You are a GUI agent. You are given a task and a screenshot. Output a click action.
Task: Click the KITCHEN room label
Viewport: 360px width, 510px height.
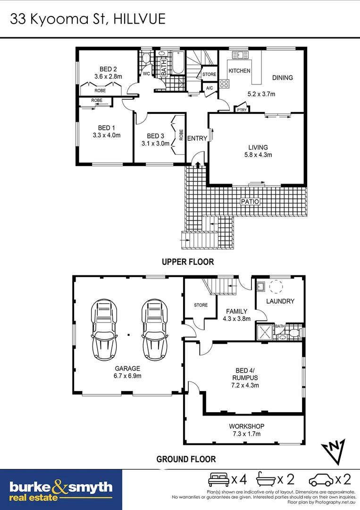(239, 70)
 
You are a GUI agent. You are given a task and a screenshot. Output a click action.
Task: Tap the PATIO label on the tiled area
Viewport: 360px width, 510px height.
(250, 201)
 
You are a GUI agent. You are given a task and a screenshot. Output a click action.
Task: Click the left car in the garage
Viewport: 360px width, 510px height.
(104, 329)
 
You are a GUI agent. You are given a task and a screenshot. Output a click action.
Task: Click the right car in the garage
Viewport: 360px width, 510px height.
(154, 329)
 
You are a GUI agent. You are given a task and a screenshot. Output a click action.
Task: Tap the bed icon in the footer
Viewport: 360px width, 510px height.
(218, 480)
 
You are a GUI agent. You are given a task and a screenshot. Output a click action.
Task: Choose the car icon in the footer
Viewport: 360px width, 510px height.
(321, 480)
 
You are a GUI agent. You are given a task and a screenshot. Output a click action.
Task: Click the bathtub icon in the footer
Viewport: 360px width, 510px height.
(266, 480)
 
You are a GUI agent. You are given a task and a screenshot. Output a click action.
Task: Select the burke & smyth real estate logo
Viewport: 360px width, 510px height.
(61, 490)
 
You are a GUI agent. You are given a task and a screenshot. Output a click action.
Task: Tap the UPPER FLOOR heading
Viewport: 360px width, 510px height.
(188, 262)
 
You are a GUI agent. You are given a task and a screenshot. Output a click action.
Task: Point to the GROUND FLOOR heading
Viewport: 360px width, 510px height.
(186, 459)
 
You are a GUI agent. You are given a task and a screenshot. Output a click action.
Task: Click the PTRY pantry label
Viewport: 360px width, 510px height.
(242, 110)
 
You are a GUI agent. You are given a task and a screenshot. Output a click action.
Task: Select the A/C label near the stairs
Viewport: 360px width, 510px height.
(209, 88)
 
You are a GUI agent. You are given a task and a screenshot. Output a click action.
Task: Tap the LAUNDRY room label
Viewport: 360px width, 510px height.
(280, 301)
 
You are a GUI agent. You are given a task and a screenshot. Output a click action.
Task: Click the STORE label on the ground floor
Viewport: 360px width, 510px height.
(201, 305)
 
